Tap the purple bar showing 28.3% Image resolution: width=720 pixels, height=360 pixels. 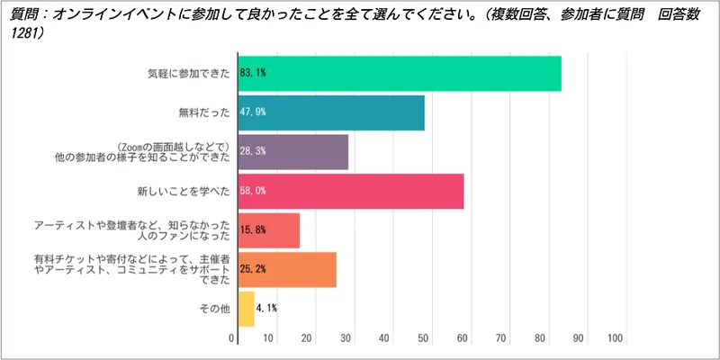coord(292,151)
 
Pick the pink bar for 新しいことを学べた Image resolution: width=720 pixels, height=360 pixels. coord(350,191)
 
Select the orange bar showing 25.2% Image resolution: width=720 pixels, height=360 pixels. coord(286,269)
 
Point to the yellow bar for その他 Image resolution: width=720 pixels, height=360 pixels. coord(246,309)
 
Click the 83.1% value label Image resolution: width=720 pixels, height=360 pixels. coord(253,74)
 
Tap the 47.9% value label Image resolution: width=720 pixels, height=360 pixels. coord(253,112)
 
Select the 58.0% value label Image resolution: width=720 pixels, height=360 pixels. coord(253,191)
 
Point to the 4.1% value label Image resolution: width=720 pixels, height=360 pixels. coord(266,309)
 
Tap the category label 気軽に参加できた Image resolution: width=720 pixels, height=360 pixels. coord(188,74)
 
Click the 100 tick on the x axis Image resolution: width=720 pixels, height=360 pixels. coord(616,338)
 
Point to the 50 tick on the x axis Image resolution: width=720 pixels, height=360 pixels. coord(424,338)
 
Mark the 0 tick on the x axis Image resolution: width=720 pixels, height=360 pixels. coord(233,338)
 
